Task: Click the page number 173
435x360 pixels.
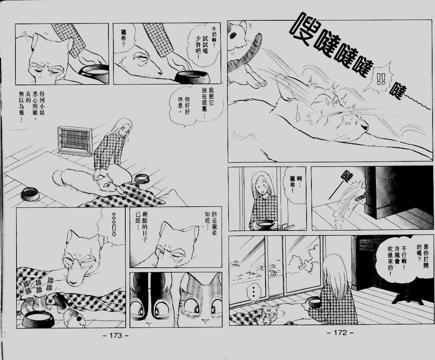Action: pos(116,335)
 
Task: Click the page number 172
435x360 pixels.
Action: pos(340,333)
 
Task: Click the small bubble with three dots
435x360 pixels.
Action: pos(253,292)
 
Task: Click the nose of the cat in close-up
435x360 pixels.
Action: pos(205,321)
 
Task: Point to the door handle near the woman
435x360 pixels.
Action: pos(289,227)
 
